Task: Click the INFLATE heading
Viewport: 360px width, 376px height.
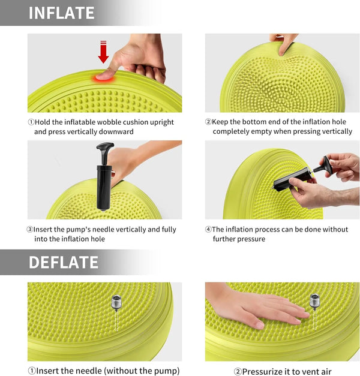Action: (61, 13)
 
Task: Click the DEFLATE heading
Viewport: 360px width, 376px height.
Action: (63, 262)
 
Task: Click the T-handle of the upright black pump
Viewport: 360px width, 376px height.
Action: (105, 147)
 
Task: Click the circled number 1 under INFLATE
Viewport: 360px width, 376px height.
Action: (31, 122)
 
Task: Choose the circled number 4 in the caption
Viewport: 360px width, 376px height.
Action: (208, 229)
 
